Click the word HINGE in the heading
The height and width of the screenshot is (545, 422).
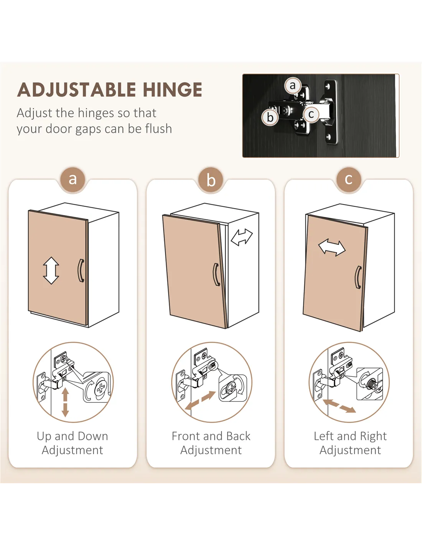point(173,90)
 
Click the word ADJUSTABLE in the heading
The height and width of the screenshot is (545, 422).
point(76,90)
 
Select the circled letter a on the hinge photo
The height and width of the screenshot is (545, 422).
point(293,85)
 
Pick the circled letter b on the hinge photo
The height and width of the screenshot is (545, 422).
point(270,117)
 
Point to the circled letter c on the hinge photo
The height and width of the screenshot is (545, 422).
point(311,114)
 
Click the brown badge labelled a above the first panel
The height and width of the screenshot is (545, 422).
point(73,180)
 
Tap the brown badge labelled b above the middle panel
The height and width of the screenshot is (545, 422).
point(211,180)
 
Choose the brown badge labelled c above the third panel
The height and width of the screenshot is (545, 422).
point(349,180)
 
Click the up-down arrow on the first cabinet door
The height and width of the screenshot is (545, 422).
point(51,270)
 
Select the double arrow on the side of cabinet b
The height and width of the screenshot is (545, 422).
point(242,237)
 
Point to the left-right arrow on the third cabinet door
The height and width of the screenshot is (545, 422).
point(332,248)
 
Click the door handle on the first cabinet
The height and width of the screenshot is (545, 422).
point(81,271)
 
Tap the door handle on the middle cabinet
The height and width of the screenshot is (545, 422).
point(216,274)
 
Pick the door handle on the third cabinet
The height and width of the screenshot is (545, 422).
point(358,277)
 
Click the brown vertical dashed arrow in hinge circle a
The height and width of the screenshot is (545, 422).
point(65,402)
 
